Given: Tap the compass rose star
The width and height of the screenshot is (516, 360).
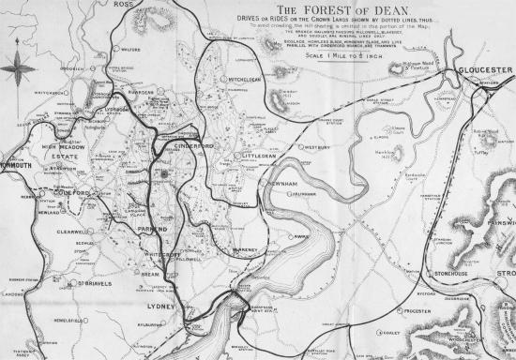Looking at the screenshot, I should pos(18,68).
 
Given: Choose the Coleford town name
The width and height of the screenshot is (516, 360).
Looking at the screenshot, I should pos(68,194).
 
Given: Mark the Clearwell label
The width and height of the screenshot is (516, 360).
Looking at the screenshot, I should pos(71,231).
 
